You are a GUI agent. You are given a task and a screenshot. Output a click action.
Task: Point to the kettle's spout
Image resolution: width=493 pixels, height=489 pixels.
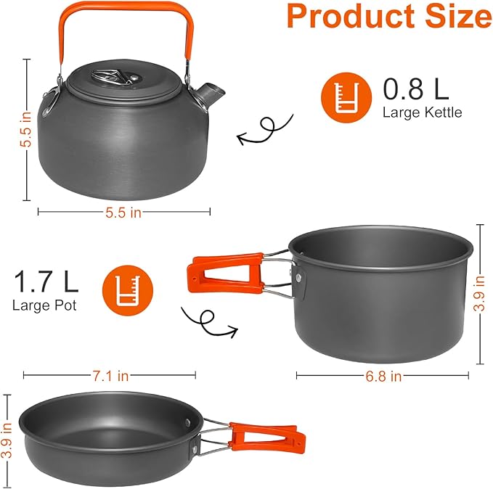tap(213, 92)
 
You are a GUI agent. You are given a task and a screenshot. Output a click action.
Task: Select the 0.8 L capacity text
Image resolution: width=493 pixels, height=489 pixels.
tap(416, 90)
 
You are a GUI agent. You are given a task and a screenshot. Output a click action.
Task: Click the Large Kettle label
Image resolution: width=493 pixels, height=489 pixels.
tap(422, 112)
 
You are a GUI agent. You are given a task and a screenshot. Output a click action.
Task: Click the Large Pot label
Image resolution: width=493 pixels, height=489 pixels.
tap(44, 304)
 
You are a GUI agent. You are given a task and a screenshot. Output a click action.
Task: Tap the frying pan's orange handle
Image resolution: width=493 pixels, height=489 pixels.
tap(263, 435)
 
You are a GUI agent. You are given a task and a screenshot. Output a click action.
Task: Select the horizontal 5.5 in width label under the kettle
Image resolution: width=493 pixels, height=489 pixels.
tap(123, 212)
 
